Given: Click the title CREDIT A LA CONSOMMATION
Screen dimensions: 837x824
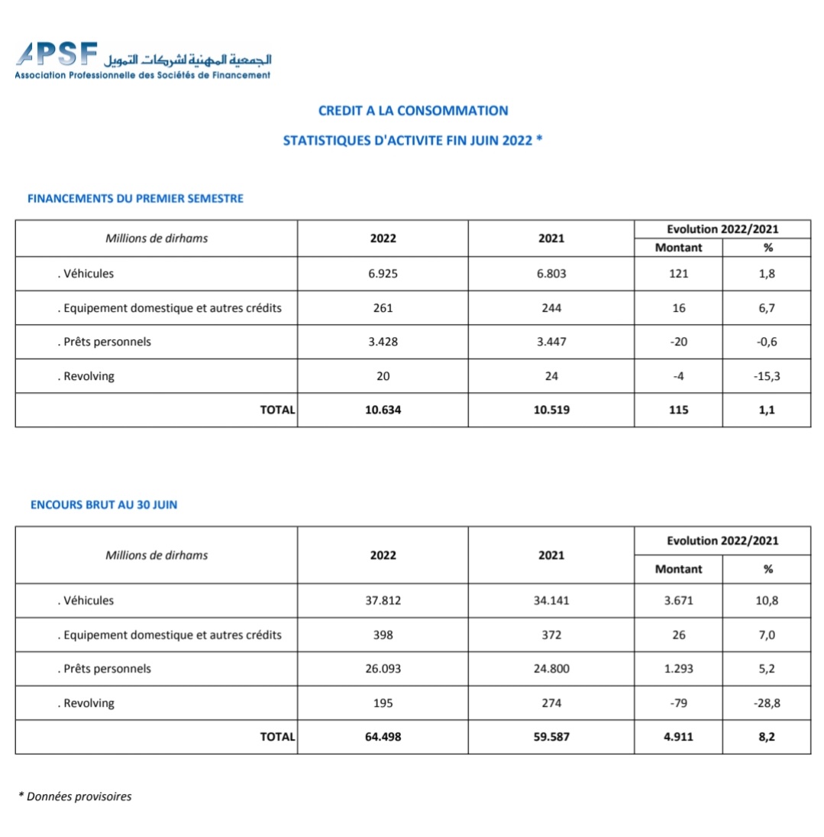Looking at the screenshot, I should [412, 111].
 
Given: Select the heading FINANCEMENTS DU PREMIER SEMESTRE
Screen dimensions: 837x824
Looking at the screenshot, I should [135, 199].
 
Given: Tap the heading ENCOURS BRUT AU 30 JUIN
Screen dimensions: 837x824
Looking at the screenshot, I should [104, 504].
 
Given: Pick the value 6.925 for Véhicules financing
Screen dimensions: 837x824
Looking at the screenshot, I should [383, 273].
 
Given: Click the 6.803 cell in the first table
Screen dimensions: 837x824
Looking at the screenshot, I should [551, 273].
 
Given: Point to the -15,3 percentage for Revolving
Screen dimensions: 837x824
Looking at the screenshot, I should [767, 376].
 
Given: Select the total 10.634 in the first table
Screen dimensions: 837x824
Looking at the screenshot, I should [383, 410].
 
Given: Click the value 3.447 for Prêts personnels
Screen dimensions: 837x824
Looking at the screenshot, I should [551, 342].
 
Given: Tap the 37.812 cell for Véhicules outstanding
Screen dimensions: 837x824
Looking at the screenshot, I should [383, 600].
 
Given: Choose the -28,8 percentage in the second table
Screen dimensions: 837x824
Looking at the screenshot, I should [767, 703].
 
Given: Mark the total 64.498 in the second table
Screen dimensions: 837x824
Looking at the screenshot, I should [383, 737].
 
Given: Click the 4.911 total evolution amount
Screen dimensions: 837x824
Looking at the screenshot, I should [678, 737].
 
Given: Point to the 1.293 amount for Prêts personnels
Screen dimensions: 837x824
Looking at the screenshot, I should [678, 669].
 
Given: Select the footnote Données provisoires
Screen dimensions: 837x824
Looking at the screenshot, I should [76, 796].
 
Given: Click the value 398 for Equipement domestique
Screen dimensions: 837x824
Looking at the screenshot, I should [383, 634].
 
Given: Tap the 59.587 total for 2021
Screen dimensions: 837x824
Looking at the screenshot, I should [551, 737].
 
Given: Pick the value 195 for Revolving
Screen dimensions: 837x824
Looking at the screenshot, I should [383, 703].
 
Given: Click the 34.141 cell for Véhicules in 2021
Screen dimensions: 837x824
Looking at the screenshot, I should [551, 600].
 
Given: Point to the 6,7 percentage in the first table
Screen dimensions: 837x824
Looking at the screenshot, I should [767, 308].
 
